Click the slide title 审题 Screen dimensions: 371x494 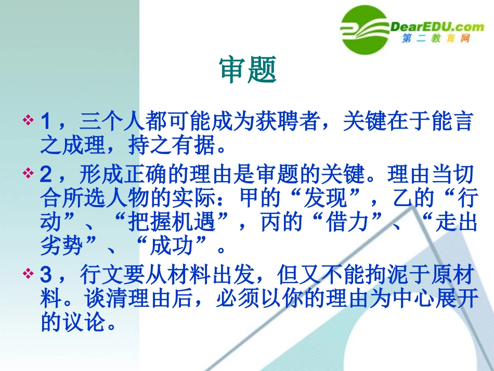248,70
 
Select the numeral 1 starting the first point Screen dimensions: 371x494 46,122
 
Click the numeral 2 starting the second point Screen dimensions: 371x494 46,173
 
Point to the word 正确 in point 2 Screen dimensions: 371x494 144,173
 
